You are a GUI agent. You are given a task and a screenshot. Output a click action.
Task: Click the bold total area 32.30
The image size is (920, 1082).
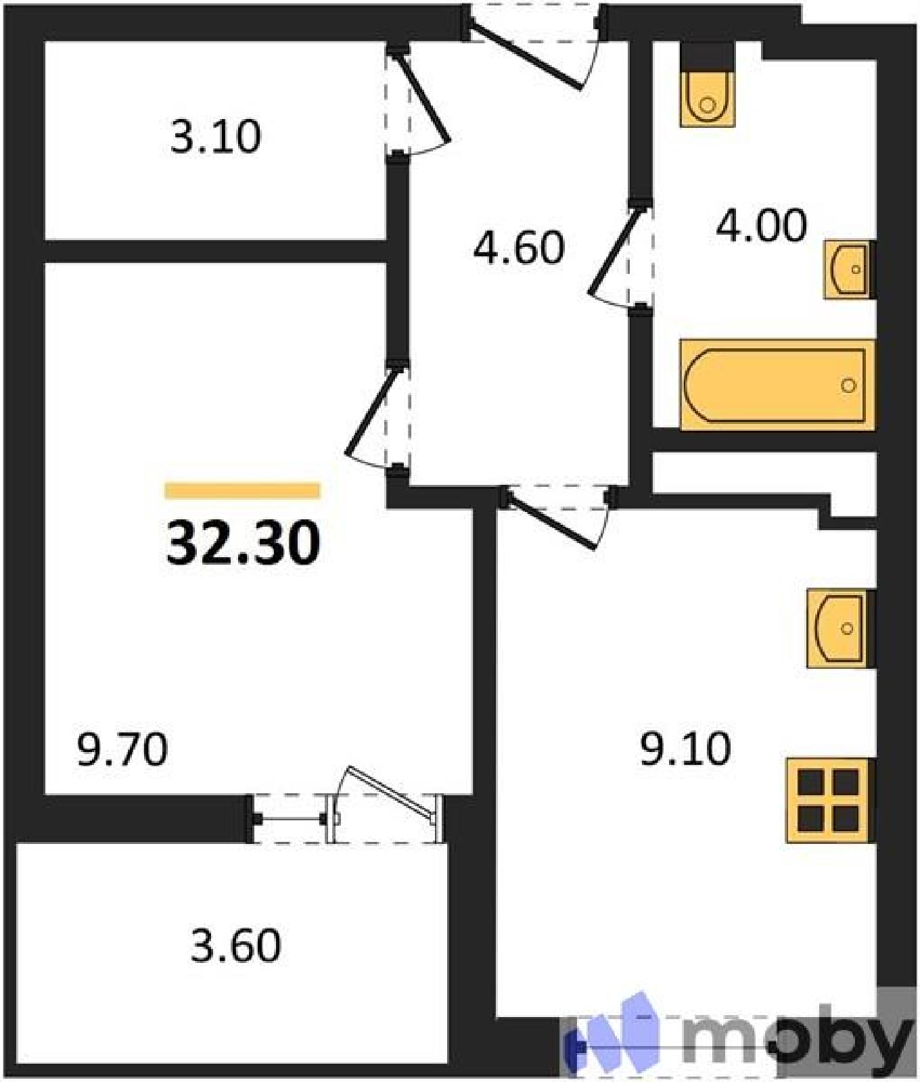(243, 543)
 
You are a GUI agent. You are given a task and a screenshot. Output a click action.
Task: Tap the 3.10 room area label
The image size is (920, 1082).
(215, 136)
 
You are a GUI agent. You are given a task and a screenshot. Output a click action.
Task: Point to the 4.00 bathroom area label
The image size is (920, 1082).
(761, 225)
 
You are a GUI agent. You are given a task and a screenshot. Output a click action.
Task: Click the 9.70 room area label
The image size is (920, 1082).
(122, 750)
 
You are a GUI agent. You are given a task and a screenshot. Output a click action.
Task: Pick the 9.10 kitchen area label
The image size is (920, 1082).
(685, 749)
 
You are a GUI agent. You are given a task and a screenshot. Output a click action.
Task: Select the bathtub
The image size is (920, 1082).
(777, 385)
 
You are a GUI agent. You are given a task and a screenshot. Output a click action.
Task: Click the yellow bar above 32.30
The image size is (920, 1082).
(242, 490)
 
